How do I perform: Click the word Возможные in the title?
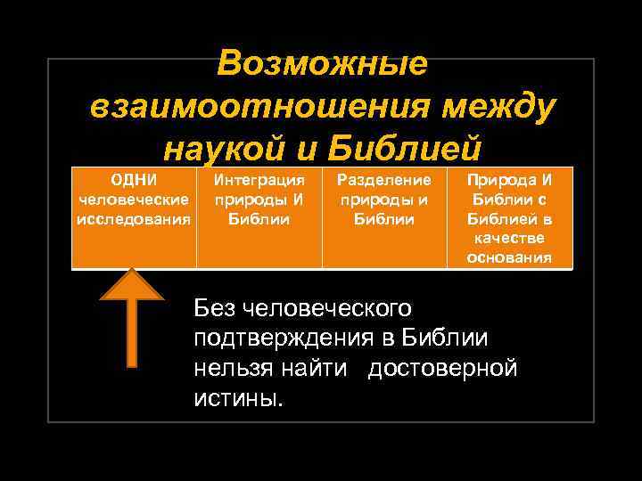coord(321,63)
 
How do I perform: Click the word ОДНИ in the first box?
coord(133,179)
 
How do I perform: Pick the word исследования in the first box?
coord(134,218)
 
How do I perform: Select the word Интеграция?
coord(259,179)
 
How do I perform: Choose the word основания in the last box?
coord(509,257)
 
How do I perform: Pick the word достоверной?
coord(442,368)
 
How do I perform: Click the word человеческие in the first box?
coord(134,199)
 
